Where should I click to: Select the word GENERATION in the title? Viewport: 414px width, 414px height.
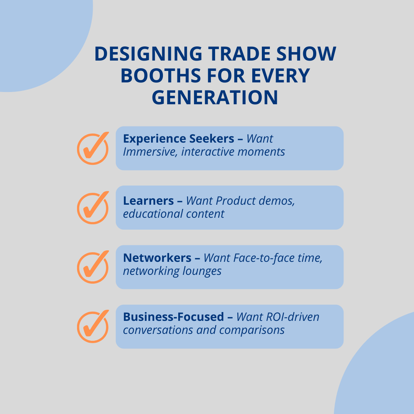215,97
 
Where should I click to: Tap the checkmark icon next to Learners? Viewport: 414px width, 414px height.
93,208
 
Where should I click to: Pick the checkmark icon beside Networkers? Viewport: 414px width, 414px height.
93,267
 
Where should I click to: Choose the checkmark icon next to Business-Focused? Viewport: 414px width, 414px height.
93,327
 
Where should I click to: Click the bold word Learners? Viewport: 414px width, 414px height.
148,201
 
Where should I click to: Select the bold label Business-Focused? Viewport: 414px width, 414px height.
173,317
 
